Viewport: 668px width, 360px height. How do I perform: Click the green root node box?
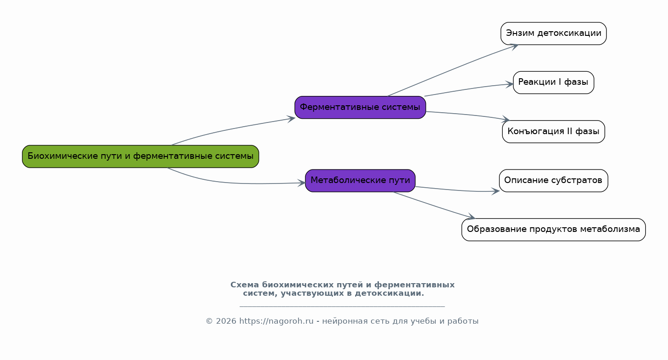tap(141, 156)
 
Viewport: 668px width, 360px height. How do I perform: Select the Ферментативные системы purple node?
tap(360, 108)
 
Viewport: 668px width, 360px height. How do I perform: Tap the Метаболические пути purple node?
tap(360, 181)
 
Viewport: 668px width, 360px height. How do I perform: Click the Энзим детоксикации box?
tap(553, 34)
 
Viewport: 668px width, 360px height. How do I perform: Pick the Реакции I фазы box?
tap(553, 82)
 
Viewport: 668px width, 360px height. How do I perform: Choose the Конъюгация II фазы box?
tap(553, 131)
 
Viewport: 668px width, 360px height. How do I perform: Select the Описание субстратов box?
tap(553, 181)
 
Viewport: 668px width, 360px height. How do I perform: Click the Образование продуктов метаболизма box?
tap(553, 230)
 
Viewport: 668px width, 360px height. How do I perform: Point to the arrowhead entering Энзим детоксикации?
tap(514, 47)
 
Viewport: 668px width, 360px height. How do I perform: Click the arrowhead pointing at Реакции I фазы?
tap(509, 84)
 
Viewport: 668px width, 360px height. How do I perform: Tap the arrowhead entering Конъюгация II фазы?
tap(506, 119)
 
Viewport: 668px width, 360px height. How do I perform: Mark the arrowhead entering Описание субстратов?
tap(496, 191)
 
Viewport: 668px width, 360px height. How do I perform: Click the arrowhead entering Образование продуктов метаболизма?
tap(471, 217)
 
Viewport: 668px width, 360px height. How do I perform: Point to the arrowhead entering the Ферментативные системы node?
tap(291, 119)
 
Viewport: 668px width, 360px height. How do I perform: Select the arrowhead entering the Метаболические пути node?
tap(302, 183)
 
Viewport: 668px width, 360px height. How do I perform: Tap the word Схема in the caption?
tap(244, 285)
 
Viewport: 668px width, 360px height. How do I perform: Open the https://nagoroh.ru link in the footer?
tap(277, 321)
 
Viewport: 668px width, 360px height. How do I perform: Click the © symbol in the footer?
tap(209, 321)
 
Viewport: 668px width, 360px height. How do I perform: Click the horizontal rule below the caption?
tap(342, 306)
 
